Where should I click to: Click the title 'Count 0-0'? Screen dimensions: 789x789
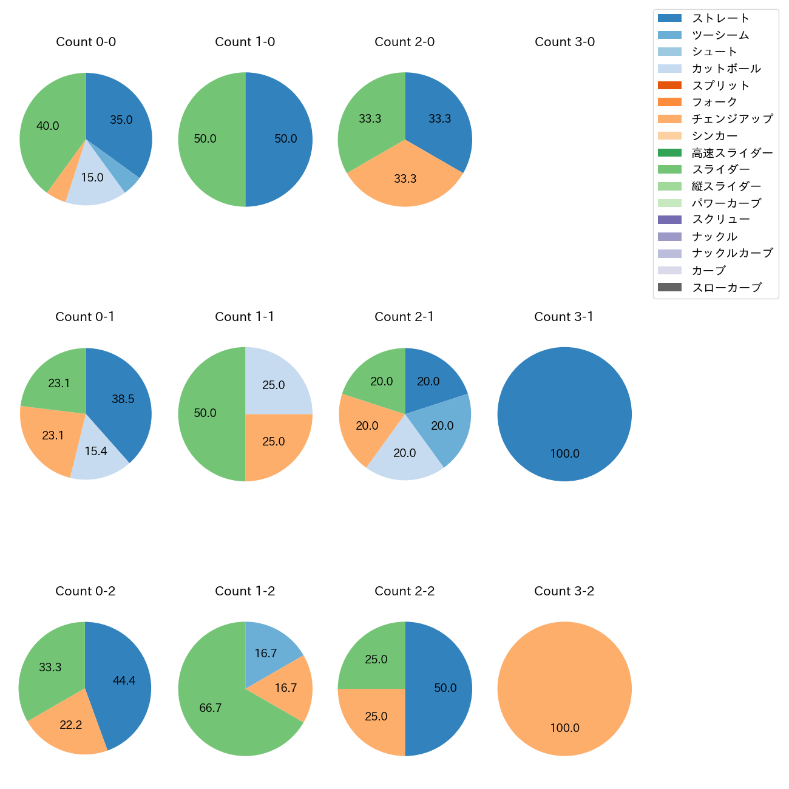coord(86,42)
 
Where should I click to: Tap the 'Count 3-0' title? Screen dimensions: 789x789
coord(564,42)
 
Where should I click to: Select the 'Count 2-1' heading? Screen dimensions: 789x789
coord(404,317)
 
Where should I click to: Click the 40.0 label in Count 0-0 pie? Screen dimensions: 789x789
coord(48,126)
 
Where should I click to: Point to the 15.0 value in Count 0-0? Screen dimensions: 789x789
coord(92,178)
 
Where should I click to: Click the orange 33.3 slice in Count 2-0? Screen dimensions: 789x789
coord(405,179)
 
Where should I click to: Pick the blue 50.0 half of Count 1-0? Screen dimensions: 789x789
coord(279,139)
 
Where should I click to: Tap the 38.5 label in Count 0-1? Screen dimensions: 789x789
coord(123,399)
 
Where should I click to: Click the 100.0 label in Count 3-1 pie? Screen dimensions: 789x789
coord(564,453)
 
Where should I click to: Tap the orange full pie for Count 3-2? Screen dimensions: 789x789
coord(564,688)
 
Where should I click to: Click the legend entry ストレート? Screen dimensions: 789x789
coord(720,18)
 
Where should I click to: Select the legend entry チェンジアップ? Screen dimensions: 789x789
coord(732,119)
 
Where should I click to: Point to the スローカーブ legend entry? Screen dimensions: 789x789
coord(726,288)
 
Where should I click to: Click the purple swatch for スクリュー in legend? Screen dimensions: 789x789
coord(669,220)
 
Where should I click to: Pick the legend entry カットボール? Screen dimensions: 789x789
coord(726,69)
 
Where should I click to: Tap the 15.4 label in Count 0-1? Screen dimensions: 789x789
coord(96,451)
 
